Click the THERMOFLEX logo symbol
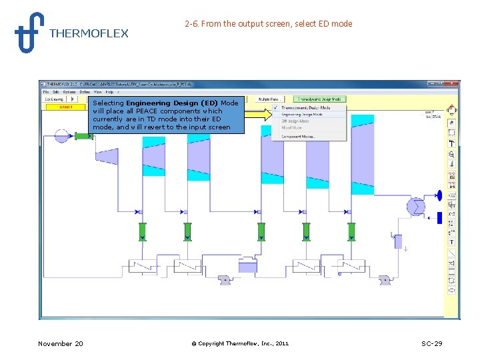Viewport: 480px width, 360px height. [x=29, y=32]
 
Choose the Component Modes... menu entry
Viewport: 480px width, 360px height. [x=298, y=136]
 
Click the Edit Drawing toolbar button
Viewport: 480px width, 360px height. [x=54, y=99]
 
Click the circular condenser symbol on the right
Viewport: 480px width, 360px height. [x=417, y=207]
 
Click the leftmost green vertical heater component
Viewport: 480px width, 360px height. [x=142, y=231]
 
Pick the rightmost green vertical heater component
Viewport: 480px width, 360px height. [x=351, y=231]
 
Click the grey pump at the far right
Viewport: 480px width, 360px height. [x=385, y=281]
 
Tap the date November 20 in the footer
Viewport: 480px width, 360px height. [x=61, y=343]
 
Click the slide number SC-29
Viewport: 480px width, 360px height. [x=431, y=343]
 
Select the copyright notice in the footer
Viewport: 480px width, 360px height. [x=240, y=343]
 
